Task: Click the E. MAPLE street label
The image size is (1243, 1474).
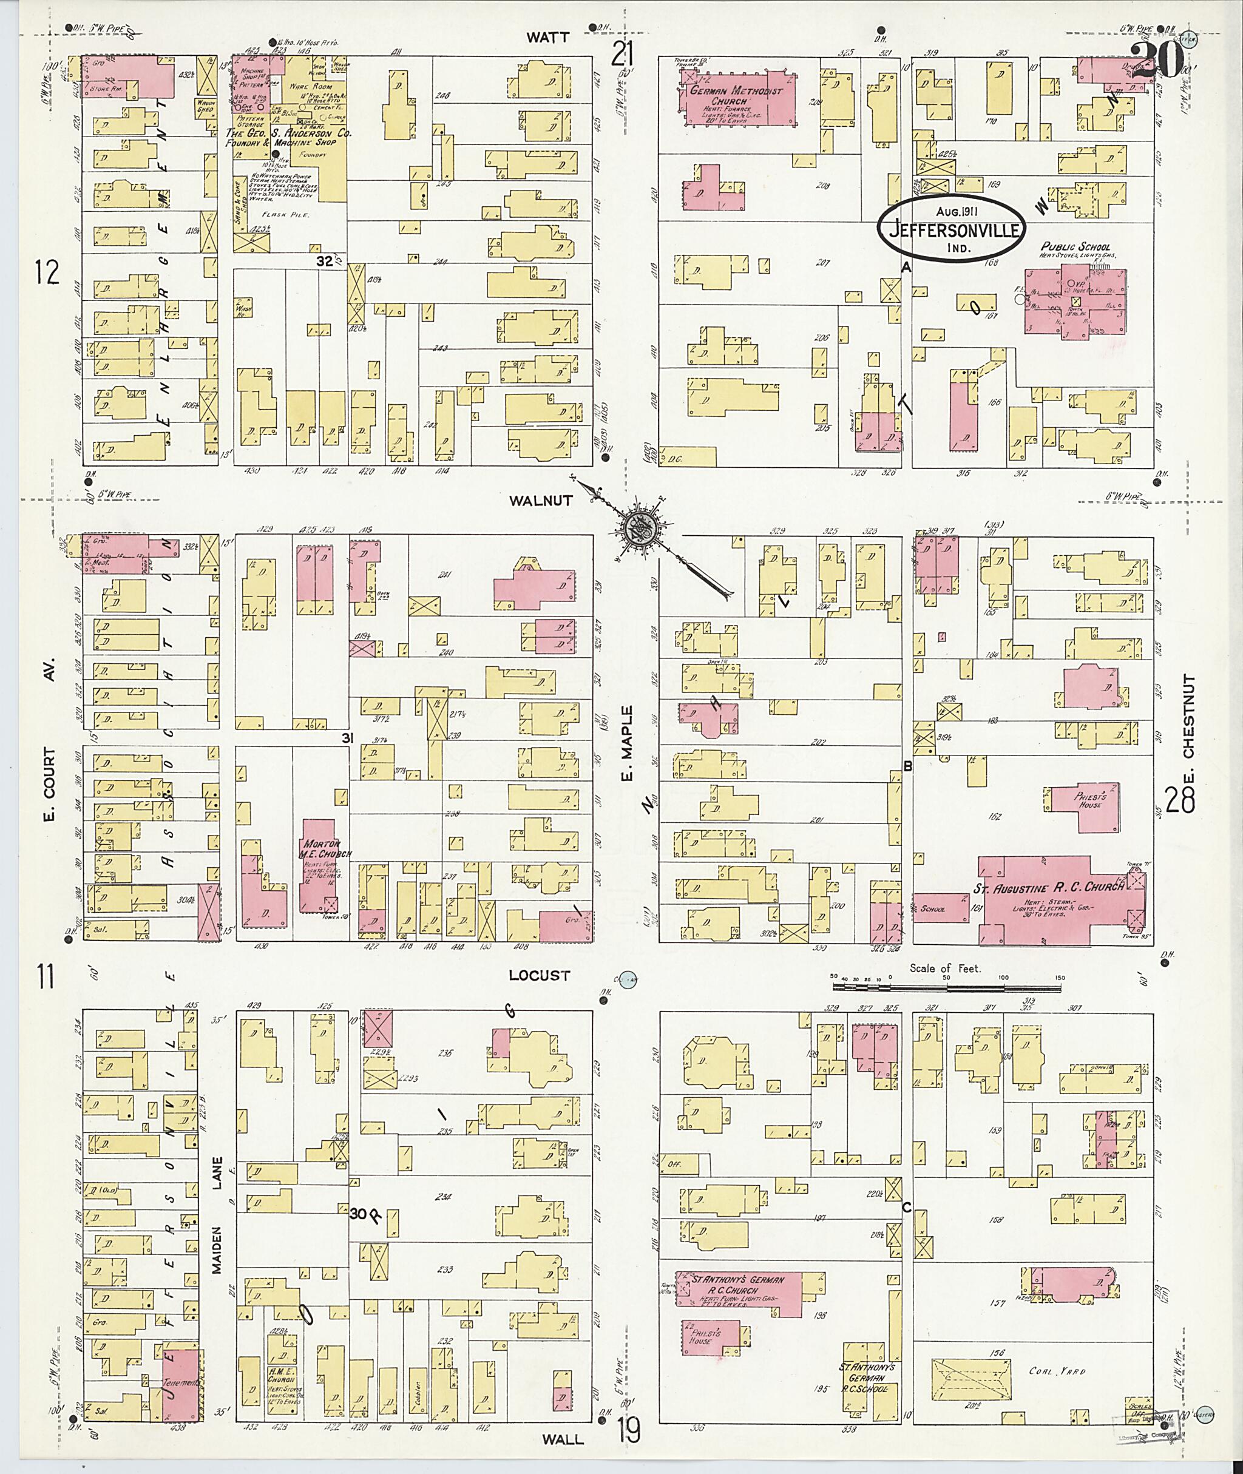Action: [x=627, y=747]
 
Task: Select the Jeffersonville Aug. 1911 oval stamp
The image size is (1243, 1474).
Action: [x=951, y=231]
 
